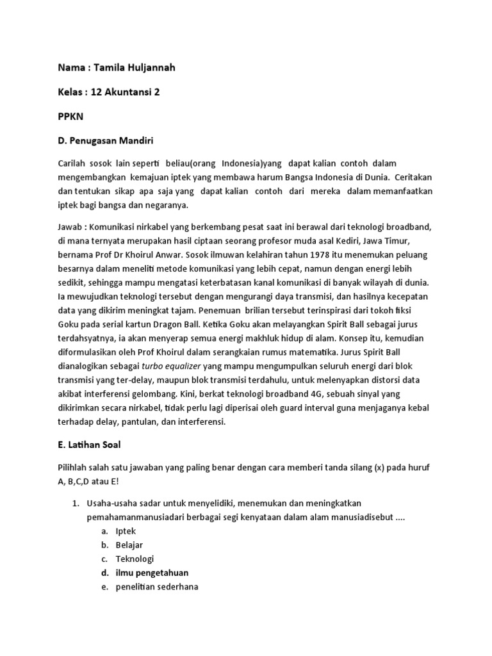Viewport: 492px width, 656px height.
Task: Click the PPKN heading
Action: tap(70, 118)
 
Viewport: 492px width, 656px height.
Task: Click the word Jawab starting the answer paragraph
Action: tap(70, 226)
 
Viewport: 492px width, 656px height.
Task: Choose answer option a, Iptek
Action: tap(126, 532)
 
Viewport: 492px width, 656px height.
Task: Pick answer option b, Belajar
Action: tap(129, 545)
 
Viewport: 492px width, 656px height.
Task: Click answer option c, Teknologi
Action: tap(135, 559)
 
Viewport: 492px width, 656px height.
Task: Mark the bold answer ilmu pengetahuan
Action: tap(152, 573)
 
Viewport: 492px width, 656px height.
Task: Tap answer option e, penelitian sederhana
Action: tap(157, 586)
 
